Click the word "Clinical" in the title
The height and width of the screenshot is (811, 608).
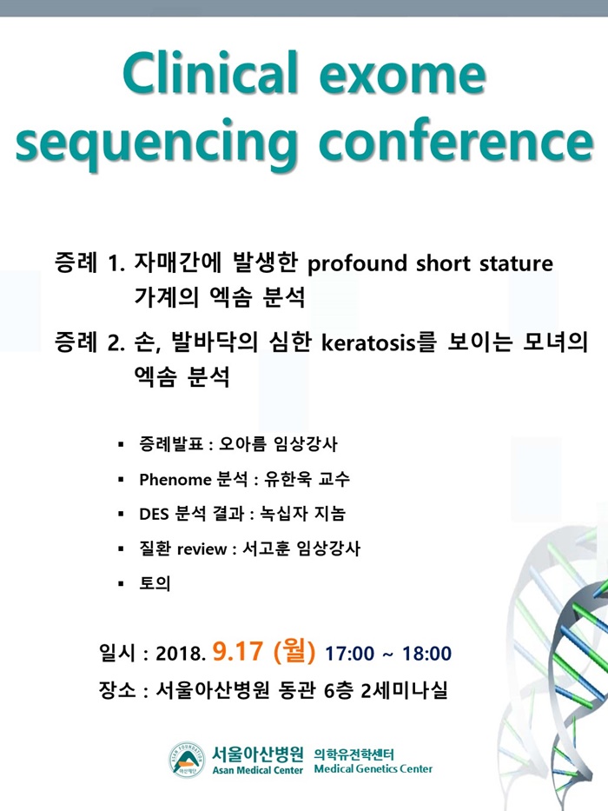210,73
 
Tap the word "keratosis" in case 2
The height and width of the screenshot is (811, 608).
368,342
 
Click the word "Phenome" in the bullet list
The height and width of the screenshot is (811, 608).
175,480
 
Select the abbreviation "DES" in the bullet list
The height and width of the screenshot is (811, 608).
154,514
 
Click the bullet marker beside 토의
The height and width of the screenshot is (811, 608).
121,584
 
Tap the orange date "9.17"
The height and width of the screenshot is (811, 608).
238,651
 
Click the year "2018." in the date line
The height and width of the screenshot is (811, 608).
181,654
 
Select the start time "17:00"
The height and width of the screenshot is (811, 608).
349,654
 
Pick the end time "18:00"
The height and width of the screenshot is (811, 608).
426,654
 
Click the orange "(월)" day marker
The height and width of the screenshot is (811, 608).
294,652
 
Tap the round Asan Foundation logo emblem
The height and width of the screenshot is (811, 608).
187,760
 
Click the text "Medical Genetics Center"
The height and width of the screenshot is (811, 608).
373,769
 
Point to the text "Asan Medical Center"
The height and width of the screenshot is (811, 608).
257,770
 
